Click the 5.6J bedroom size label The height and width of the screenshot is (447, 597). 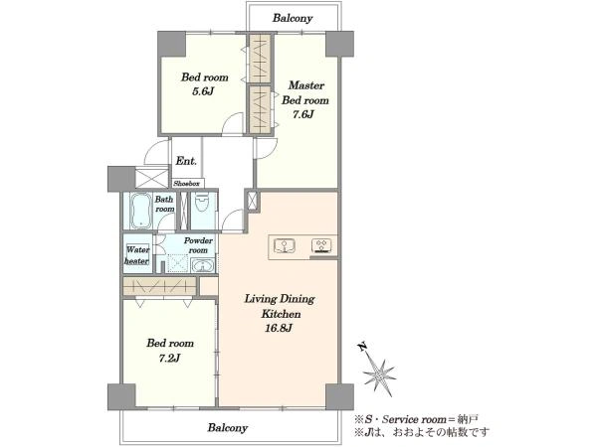(202, 91)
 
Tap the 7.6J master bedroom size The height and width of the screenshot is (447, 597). (303, 114)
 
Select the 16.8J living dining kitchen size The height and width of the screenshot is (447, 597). (279, 328)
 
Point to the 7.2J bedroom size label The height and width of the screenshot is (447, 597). (169, 358)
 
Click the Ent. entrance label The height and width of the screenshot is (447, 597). (186, 161)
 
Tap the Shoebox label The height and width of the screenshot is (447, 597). (187, 184)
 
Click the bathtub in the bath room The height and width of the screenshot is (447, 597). (141, 211)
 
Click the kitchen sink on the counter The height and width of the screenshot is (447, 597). (285, 246)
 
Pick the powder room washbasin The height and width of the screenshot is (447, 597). (202, 265)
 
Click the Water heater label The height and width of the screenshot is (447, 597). (137, 255)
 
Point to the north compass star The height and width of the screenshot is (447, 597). (379, 375)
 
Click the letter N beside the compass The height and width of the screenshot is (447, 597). (362, 347)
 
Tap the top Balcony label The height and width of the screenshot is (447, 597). (293, 18)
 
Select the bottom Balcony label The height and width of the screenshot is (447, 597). (227, 427)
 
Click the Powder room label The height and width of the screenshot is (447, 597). (198, 245)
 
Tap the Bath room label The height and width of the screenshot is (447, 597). (164, 204)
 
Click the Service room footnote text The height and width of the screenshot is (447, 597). (416, 419)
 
